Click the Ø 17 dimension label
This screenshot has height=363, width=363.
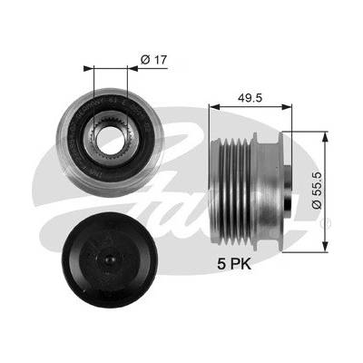[153, 60]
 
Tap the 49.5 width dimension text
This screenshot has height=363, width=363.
[250, 98]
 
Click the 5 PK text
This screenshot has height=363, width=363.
[234, 264]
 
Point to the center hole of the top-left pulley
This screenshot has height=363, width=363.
[111, 140]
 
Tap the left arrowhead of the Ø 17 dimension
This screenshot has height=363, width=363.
[88, 68]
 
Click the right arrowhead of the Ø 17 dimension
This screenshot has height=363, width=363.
[133, 68]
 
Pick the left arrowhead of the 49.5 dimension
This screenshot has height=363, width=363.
[214, 106]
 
